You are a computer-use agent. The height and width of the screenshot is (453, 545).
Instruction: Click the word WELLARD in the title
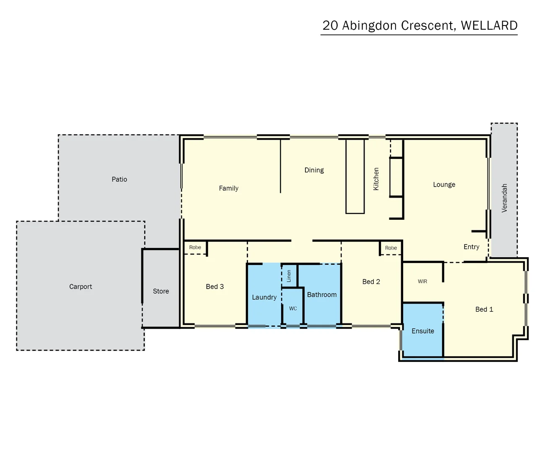[489, 26]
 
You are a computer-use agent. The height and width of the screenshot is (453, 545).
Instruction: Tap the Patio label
[119, 179]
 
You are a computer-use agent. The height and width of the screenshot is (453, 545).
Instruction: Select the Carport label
[81, 286]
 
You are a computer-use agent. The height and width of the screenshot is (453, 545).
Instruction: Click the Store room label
[161, 291]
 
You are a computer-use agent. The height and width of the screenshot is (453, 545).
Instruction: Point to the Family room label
[229, 188]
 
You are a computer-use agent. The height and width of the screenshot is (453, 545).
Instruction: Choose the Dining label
[314, 170]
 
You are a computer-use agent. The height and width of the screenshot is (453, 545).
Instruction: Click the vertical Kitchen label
[376, 179]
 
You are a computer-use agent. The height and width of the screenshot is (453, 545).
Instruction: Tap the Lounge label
[444, 185]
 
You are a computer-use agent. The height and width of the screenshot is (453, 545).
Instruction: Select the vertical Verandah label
[504, 198]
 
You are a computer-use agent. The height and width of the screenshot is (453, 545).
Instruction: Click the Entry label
[471, 247]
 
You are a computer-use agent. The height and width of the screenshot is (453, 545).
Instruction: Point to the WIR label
[422, 281]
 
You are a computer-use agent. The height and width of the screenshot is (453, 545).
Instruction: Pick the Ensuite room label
[422, 331]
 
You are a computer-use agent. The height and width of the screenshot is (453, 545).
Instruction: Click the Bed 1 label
[484, 309]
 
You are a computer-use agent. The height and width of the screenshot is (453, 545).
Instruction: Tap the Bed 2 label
[371, 281]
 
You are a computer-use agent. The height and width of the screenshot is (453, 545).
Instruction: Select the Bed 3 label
[215, 286]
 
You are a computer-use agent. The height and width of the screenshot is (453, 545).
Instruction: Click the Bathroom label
[322, 294]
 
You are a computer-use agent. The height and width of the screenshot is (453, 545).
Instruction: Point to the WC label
[293, 308]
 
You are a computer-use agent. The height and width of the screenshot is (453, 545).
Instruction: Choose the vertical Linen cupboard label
[289, 276]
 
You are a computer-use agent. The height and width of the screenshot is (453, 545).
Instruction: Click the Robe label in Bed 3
[195, 247]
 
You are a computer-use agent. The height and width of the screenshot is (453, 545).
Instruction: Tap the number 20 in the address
[330, 26]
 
